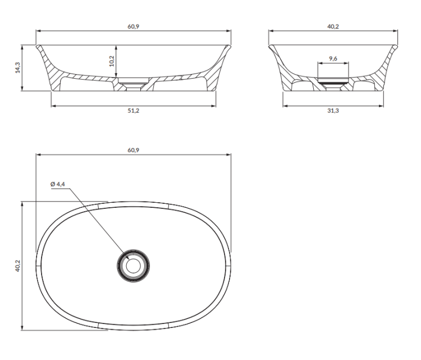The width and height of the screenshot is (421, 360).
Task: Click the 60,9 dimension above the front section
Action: pyautogui.click(x=134, y=26)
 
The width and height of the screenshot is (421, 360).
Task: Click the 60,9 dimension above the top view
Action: pyautogui.click(x=134, y=150)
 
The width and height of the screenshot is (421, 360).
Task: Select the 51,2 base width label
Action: pyautogui.click(x=134, y=111)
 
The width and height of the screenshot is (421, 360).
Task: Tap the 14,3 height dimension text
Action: pyautogui.click(x=18, y=68)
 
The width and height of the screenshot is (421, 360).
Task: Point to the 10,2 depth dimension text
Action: pyautogui.click(x=112, y=61)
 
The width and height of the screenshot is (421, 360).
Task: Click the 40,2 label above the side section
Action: pyautogui.click(x=333, y=26)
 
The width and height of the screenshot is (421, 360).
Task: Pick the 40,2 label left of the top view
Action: pyautogui.click(x=18, y=266)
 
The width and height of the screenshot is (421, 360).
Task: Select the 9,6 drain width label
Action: pyautogui.click(x=333, y=58)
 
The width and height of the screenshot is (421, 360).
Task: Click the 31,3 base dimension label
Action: pyautogui.click(x=333, y=111)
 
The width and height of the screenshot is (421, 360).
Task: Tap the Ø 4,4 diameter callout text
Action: pyautogui.click(x=58, y=184)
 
